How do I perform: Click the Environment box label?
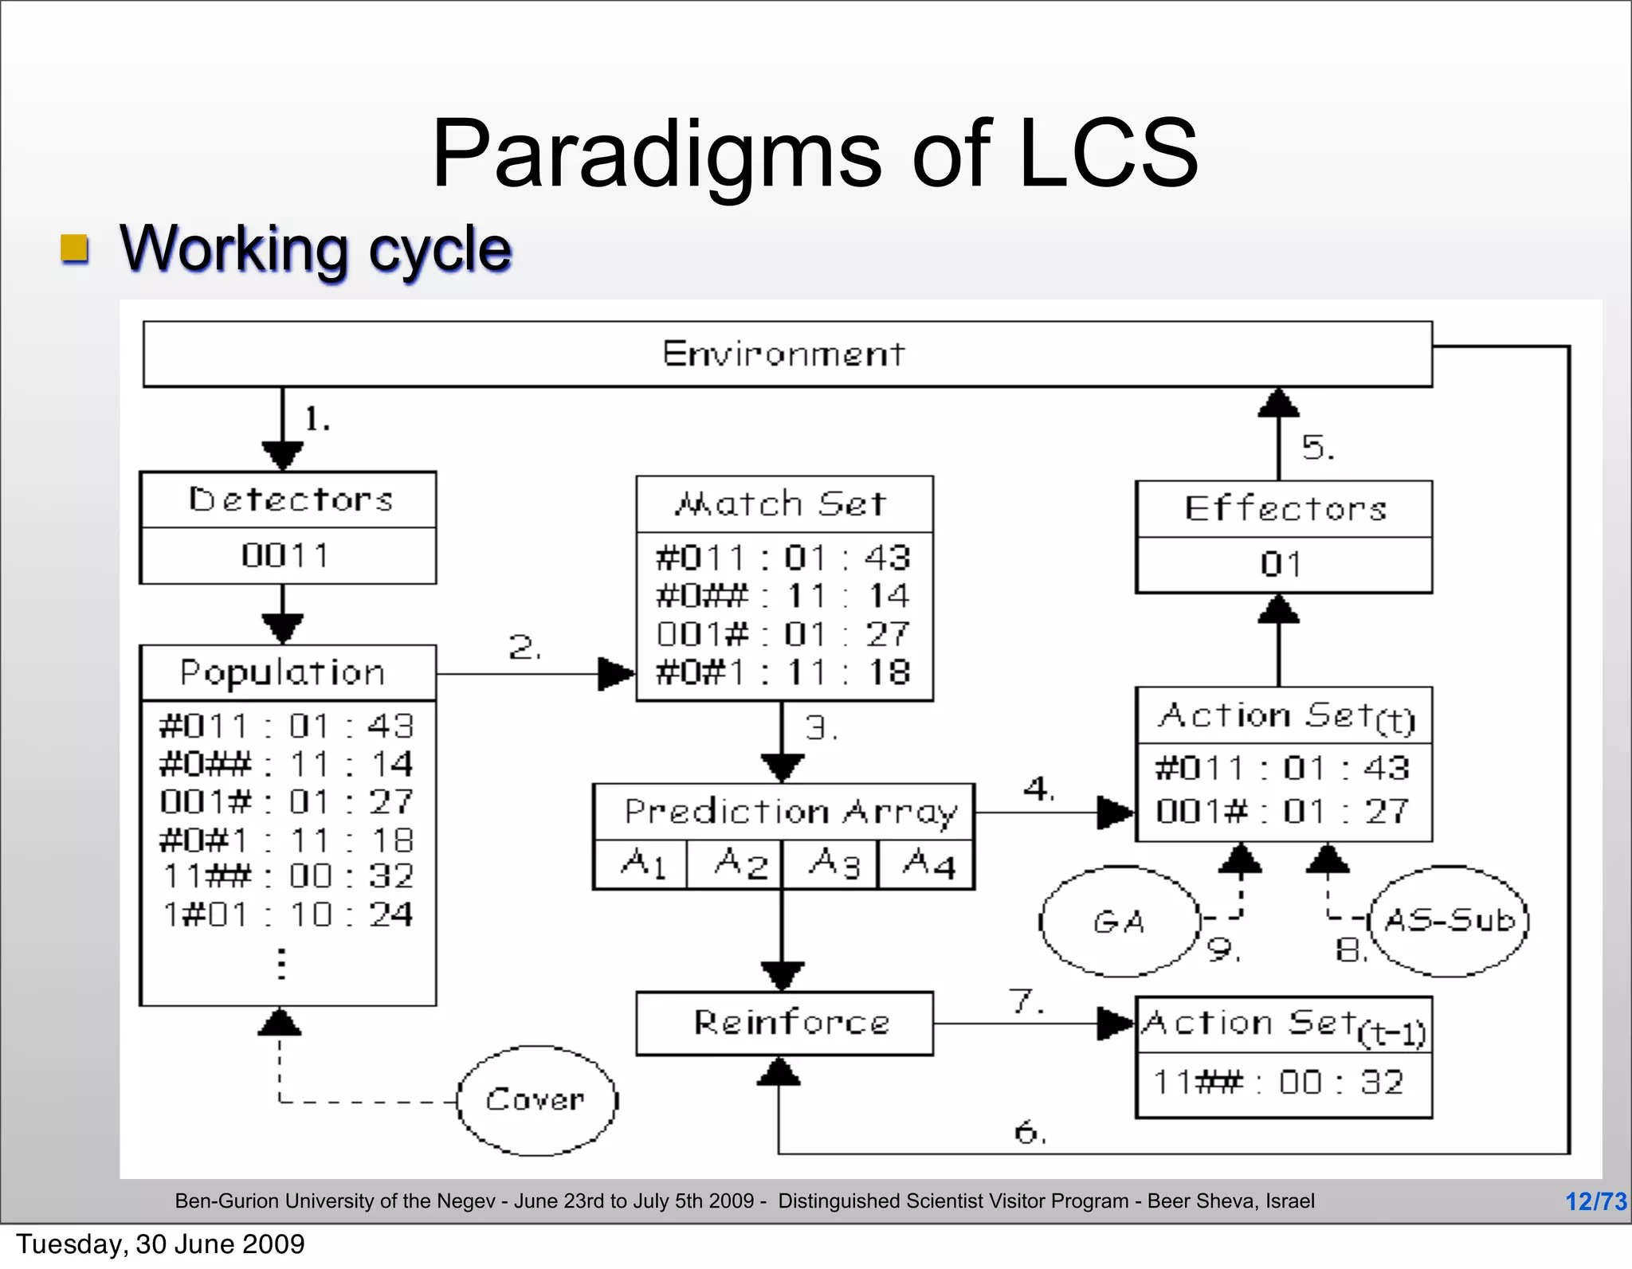point(783,354)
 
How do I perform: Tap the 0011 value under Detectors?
point(286,555)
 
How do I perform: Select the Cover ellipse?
point(537,1100)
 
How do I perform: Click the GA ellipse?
point(1120,922)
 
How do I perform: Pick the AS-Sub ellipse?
point(1448,921)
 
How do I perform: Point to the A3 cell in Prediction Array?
point(833,864)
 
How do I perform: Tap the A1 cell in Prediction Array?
point(641,864)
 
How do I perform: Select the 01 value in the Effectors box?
point(1282,565)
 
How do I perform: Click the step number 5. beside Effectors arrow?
point(1317,448)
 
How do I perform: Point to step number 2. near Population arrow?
point(525,647)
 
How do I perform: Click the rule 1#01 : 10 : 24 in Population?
point(287,915)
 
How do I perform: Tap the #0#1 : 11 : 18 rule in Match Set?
point(783,673)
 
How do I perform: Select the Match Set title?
point(781,504)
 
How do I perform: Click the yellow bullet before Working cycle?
point(75,249)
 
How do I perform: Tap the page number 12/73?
point(1595,1200)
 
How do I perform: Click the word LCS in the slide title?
point(1108,153)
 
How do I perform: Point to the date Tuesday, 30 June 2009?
point(160,1244)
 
